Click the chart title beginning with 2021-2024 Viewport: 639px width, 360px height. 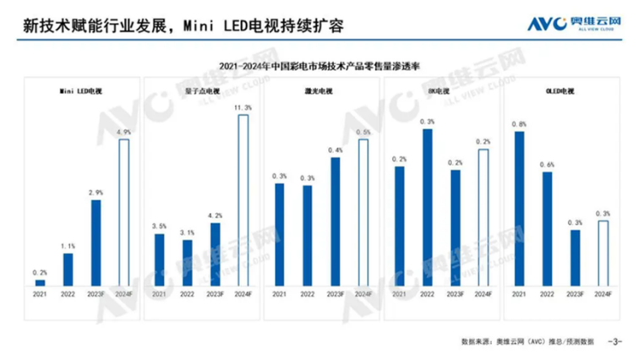tap(319, 65)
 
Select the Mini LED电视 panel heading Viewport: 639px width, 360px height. tap(81, 90)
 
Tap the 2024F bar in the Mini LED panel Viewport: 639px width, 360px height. tap(123, 212)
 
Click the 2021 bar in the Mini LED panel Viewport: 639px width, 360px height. tap(40, 282)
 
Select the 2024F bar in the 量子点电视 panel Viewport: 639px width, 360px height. tap(243, 200)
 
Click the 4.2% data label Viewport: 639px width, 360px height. tap(215, 215)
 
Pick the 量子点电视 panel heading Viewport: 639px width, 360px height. tap(200, 90)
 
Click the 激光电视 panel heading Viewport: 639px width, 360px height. tap(319, 90)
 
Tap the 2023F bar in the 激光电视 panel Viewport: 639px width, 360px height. tap(336, 221)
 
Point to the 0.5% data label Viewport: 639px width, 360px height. tap(363, 133)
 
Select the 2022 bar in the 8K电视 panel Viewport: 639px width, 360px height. tap(428, 207)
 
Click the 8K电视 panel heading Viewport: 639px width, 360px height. tap(440, 90)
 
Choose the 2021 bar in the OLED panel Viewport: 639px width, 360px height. tap(520, 208)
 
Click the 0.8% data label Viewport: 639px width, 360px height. tap(520, 124)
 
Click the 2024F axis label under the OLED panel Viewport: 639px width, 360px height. tap(603, 293)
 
